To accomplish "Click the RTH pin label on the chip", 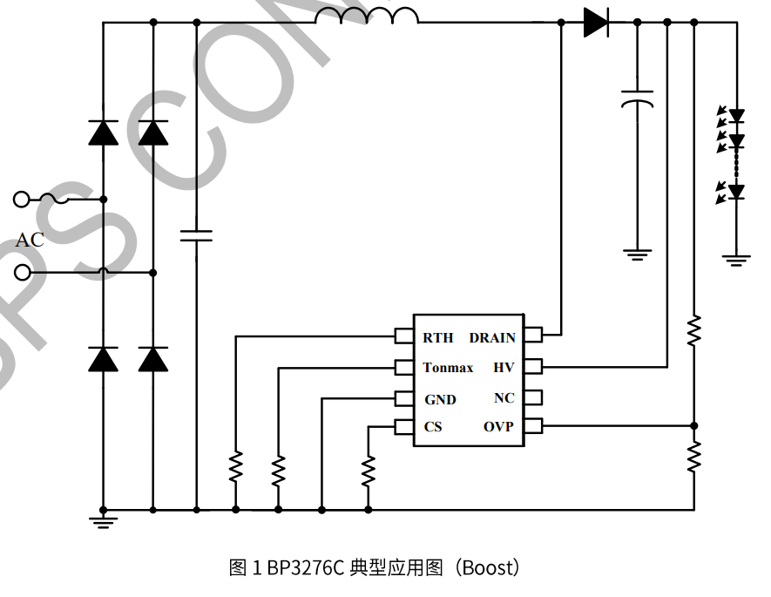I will (438, 338).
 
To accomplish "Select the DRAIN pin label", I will (492, 338).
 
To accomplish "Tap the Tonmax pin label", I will (448, 368).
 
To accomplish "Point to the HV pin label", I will (504, 368).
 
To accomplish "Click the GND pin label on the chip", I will (440, 399).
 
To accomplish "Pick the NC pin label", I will (504, 398).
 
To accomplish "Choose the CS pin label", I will (433, 427).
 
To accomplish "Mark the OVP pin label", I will (498, 427).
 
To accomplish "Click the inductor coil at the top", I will (367, 16).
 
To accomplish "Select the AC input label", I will (30, 240).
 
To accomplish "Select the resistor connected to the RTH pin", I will (235, 467).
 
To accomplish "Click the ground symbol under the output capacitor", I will (638, 254).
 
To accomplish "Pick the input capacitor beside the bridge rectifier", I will (196, 234).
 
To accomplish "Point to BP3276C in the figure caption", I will (304, 568).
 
